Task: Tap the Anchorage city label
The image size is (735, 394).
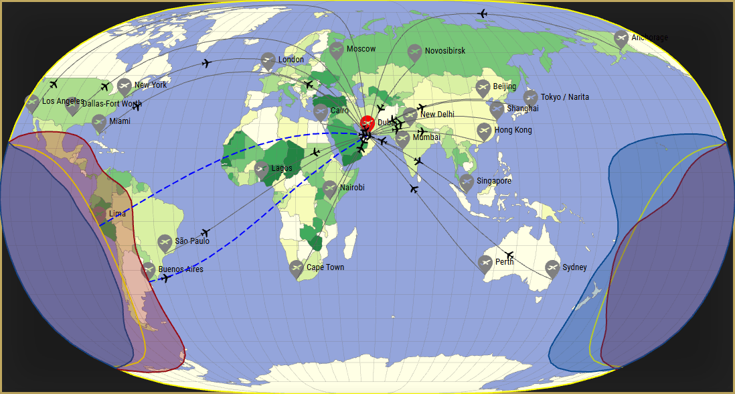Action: [x=650, y=38]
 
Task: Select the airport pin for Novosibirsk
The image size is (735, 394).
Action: [x=415, y=52]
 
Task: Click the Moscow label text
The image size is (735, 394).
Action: [x=361, y=49]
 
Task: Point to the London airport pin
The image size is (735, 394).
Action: [x=268, y=60]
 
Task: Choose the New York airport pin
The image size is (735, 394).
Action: [x=124, y=86]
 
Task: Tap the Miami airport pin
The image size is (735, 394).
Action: [x=99, y=122]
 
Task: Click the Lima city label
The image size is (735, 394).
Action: [x=116, y=214]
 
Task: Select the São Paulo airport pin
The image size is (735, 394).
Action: [x=165, y=242]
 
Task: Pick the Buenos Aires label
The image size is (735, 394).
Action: [x=181, y=269]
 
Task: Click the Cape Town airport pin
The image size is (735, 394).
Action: [x=297, y=268]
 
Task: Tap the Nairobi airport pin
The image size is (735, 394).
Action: [x=330, y=188]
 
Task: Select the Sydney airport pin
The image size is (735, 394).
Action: [x=552, y=268]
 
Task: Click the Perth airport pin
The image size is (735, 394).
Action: [x=485, y=263]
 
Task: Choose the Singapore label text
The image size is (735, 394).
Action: [x=494, y=181]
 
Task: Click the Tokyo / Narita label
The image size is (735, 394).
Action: [x=565, y=97]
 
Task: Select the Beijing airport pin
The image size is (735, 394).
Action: [x=483, y=87]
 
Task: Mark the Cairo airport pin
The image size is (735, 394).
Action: [x=321, y=111]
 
